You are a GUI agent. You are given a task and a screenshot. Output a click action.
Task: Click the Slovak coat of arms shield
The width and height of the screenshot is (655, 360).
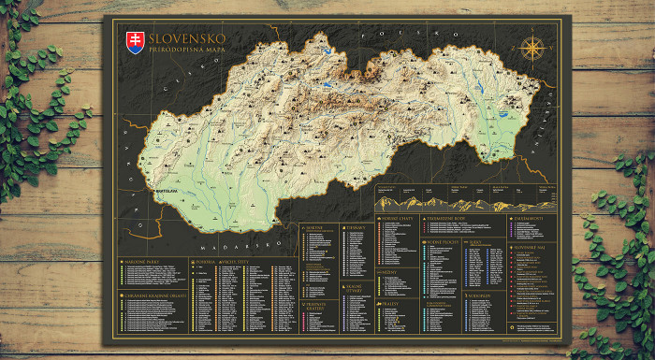(136, 42)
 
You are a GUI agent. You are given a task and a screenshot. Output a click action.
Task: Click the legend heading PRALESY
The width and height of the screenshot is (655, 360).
(391, 303)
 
